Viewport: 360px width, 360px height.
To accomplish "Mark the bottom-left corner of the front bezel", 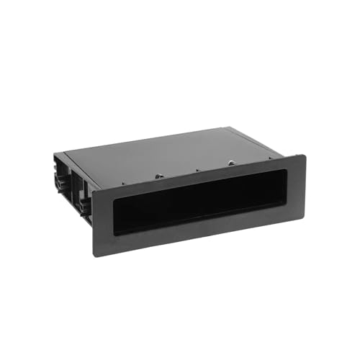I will click(x=94, y=257).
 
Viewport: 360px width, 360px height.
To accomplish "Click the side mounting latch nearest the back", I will click(x=58, y=176).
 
